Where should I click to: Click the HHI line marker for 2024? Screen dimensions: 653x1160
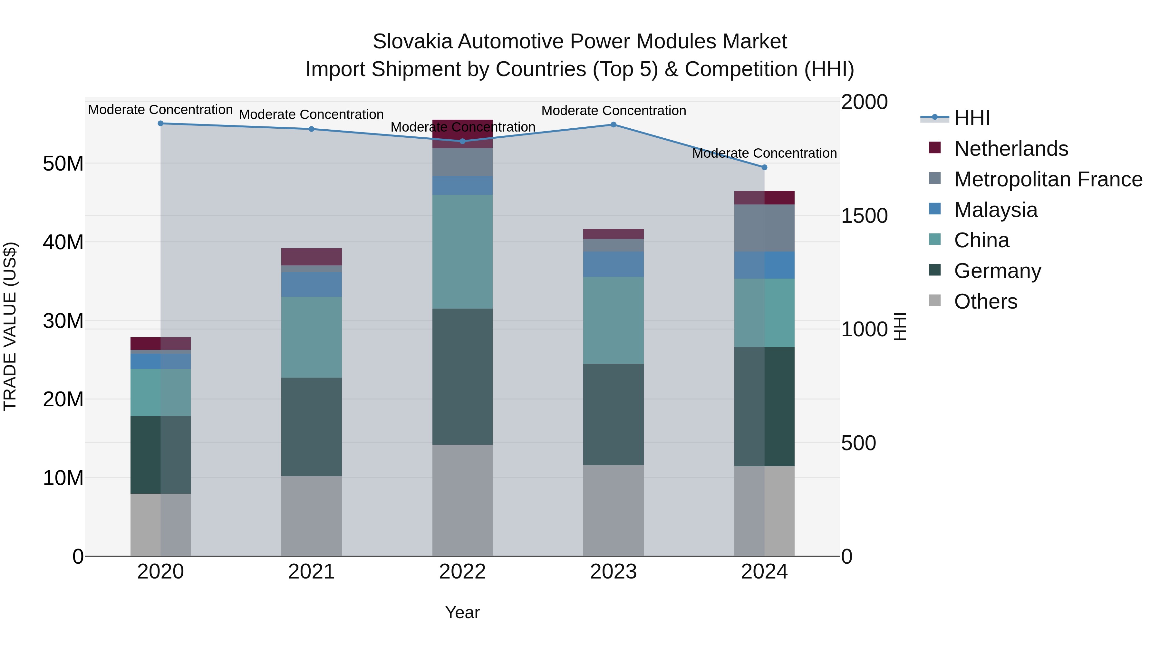pyautogui.click(x=764, y=167)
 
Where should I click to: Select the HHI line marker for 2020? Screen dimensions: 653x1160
pyautogui.click(x=160, y=123)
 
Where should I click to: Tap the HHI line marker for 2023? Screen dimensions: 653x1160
pyautogui.click(x=613, y=124)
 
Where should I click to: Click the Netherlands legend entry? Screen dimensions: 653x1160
pyautogui.click(x=1010, y=149)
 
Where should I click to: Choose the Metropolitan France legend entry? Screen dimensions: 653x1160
pyautogui.click(x=1048, y=179)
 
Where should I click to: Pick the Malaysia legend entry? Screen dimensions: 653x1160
pyautogui.click(x=995, y=210)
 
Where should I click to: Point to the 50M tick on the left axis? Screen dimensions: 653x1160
pyautogui.click(x=63, y=163)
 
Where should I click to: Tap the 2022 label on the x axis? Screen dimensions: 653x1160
pyautogui.click(x=462, y=572)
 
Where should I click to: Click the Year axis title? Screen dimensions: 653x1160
pyautogui.click(x=462, y=612)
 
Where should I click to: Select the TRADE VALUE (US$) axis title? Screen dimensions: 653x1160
pyautogui.click(x=10, y=326)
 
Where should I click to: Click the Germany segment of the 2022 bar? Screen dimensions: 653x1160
pyautogui.click(x=462, y=376)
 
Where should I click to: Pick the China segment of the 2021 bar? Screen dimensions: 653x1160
pyautogui.click(x=311, y=337)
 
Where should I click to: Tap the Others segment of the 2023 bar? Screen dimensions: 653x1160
pyautogui.click(x=613, y=510)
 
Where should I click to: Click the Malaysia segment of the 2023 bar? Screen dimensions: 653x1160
pyautogui.click(x=613, y=264)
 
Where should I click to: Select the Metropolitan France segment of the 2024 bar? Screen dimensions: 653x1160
pyautogui.click(x=764, y=228)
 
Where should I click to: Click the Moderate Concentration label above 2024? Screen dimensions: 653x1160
pyautogui.click(x=764, y=153)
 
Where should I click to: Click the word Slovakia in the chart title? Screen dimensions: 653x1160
pyautogui.click(x=412, y=42)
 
